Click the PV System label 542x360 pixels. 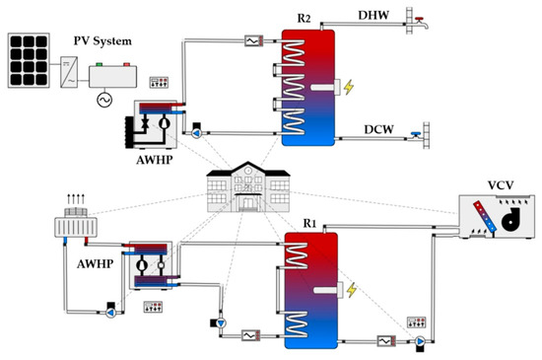point(102,41)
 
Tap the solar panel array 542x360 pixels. point(29,60)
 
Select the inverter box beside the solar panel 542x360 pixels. point(69,72)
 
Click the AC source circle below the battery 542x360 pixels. point(104,100)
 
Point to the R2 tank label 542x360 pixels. point(304,18)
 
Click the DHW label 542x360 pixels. point(373,15)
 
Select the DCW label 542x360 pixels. point(378,129)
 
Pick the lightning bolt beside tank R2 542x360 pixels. point(349,87)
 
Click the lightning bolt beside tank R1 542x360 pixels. point(352,290)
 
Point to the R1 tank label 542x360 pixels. point(309,224)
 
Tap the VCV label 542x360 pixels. point(501,185)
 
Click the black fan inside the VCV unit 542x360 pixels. point(510,219)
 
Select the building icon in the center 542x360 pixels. point(248,186)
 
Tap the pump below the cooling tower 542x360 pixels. point(111,313)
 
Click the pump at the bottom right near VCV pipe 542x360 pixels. point(420,341)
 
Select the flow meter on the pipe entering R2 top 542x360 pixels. point(254,40)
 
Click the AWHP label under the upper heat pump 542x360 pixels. point(154,160)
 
